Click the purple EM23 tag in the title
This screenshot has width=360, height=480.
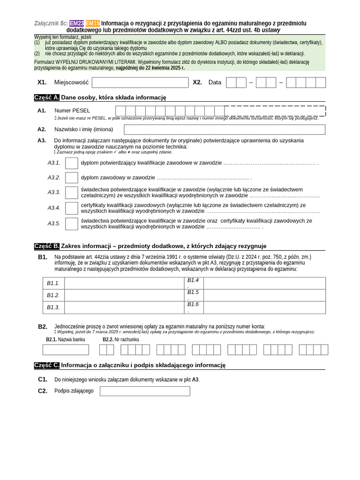pyautogui.click(x=77, y=23)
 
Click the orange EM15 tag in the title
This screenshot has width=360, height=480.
pyautogui.click(x=93, y=23)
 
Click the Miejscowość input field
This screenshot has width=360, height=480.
pyautogui.click(x=140, y=82)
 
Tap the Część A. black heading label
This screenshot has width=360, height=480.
pyautogui.click(x=47, y=97)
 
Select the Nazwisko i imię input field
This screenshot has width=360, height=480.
pyautogui.click(x=225, y=129)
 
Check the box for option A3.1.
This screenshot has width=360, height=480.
pyautogui.click(x=72, y=163)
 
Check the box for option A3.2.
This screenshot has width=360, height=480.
pyautogui.click(x=72, y=178)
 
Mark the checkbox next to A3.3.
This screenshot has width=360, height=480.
pyautogui.click(x=72, y=192)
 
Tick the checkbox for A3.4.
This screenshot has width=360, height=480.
pyautogui.click(x=72, y=208)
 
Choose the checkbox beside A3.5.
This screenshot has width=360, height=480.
pyautogui.click(x=72, y=224)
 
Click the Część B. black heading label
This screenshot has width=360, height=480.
pyautogui.click(x=47, y=246)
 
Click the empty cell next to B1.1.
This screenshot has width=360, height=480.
pyautogui.click(x=124, y=283)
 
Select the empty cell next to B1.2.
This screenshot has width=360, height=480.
pyautogui.click(x=124, y=295)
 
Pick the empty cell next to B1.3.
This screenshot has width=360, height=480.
pyautogui.click(x=124, y=307)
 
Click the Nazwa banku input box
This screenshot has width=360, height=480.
pyautogui.click(x=66, y=350)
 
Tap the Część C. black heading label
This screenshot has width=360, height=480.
pyautogui.click(x=47, y=365)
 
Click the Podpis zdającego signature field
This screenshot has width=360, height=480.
pyautogui.click(x=145, y=391)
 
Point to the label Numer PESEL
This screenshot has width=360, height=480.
pyautogui.click(x=72, y=111)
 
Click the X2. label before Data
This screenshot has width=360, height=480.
pyautogui.click(x=197, y=82)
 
